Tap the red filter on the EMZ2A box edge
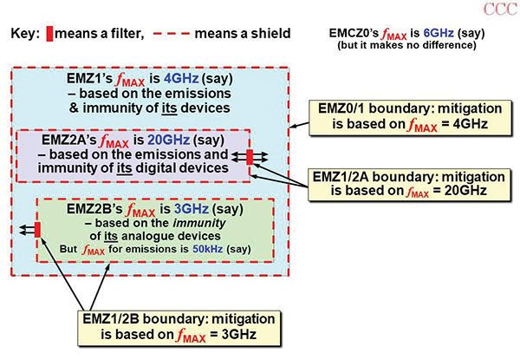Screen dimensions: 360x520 [250, 157]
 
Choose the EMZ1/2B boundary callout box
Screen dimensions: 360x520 [164, 322]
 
